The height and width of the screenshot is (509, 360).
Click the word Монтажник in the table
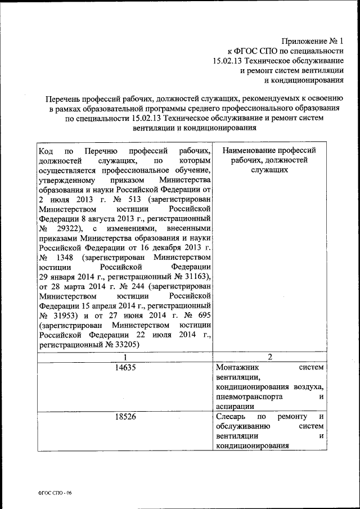point(236,367)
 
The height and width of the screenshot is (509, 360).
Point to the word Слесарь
point(231,417)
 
